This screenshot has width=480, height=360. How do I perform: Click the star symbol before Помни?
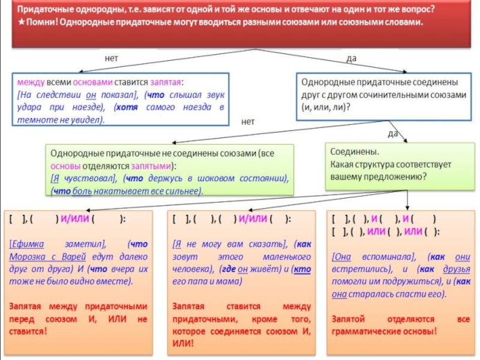[22, 22]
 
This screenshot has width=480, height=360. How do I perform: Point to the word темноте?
[36, 119]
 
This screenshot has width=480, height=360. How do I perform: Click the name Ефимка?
[28, 244]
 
